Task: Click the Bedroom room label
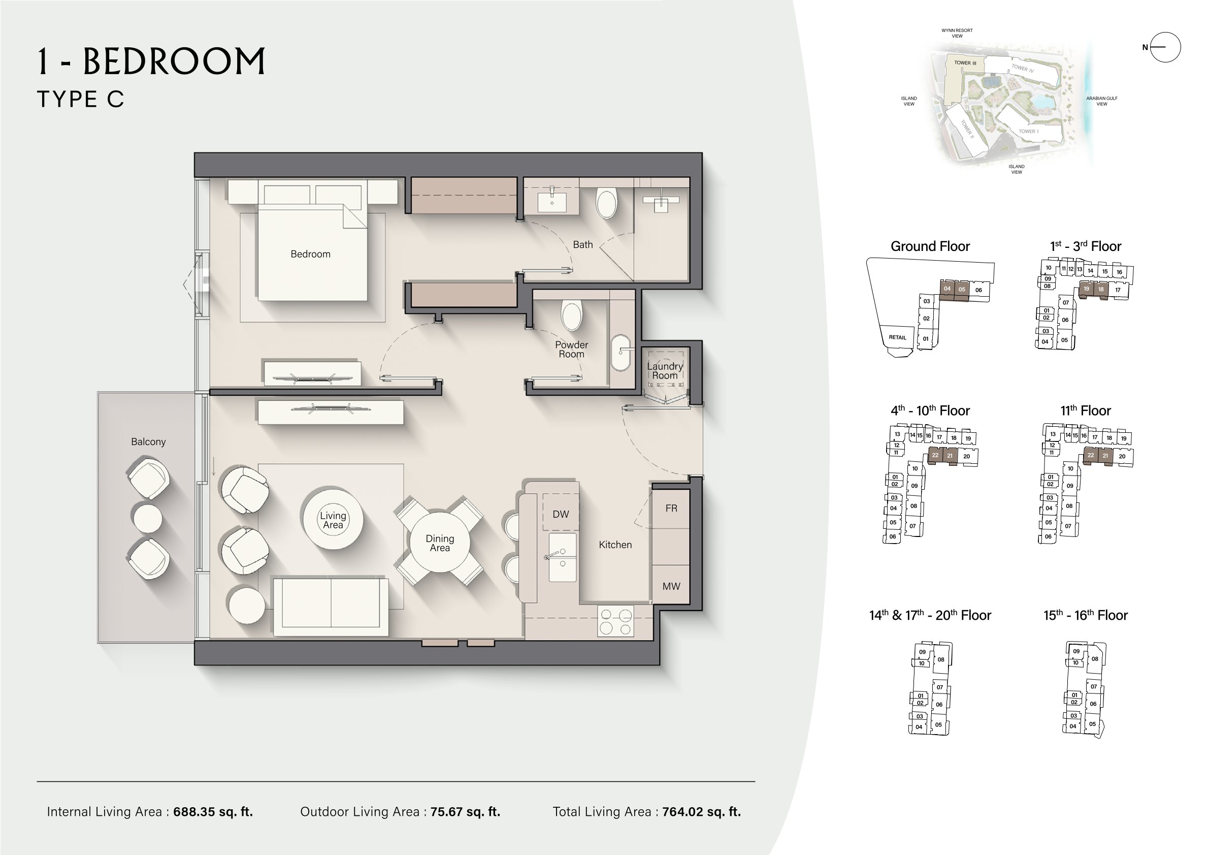point(311,254)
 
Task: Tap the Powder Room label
point(571,350)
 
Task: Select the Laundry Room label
point(665,371)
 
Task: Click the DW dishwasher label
point(561,514)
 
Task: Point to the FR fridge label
point(671,509)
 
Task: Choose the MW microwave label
point(671,586)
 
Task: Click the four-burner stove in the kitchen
point(615,622)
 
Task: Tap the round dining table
point(439,542)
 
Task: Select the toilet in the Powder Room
point(572,315)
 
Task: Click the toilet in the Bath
point(607,204)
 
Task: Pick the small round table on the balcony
point(147,518)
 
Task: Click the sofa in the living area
point(331,606)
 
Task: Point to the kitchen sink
point(563,557)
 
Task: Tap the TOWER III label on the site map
point(965,62)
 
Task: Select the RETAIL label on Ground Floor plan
point(897,337)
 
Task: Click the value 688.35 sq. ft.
point(213,812)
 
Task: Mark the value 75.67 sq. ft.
point(466,812)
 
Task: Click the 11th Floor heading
point(1085,410)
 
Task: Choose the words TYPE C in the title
point(81,99)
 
